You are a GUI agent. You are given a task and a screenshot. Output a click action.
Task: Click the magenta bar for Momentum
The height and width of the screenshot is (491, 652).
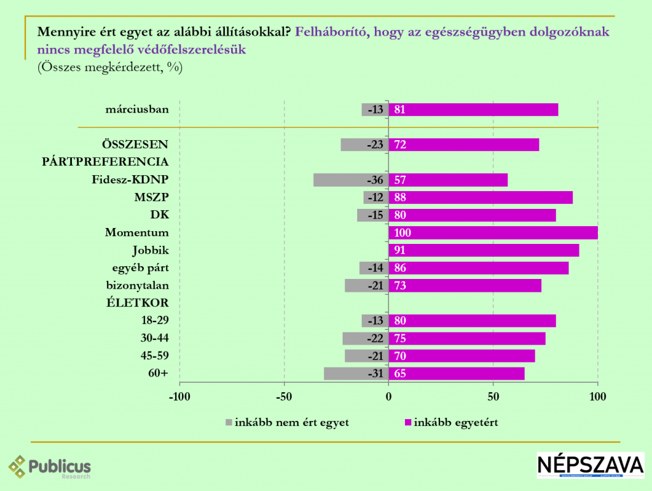(x=493, y=233)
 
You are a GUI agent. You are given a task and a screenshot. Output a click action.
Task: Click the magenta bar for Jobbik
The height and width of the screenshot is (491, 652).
(x=484, y=250)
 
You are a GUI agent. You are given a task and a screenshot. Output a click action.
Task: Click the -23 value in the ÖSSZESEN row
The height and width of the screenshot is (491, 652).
(x=375, y=145)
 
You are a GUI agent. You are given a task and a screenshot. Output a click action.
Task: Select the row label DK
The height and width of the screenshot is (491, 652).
(x=159, y=215)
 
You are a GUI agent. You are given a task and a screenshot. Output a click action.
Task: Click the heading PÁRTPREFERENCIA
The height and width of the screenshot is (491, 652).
(x=105, y=162)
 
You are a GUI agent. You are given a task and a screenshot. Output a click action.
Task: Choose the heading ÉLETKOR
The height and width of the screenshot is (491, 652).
(x=137, y=303)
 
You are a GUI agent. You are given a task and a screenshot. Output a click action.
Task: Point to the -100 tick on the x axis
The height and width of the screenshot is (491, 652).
(x=180, y=398)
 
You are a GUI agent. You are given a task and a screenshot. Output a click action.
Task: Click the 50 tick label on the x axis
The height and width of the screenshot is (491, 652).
(x=493, y=398)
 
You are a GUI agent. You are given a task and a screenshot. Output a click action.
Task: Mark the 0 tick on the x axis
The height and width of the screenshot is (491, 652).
(x=388, y=398)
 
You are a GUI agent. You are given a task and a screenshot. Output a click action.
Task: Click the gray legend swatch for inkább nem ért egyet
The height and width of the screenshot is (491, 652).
(x=229, y=422)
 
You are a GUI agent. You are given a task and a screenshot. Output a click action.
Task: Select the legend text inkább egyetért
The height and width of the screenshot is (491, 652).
(x=456, y=422)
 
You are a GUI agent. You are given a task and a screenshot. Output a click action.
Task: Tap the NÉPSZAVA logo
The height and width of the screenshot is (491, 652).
(x=590, y=465)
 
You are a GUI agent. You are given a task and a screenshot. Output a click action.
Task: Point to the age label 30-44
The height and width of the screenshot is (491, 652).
(x=155, y=338)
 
